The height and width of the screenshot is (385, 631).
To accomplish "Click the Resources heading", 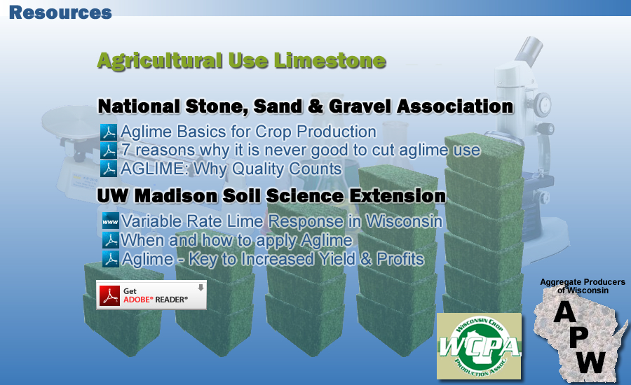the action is point(60,13).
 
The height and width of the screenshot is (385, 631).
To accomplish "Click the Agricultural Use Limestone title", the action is point(241,61).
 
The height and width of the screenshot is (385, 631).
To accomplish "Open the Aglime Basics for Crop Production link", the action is point(248,132).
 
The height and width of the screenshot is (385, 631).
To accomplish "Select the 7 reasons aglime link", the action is point(301,150).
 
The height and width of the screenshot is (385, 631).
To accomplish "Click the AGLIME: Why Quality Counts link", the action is point(231,169).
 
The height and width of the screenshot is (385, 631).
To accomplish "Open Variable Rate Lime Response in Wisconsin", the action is point(282,221).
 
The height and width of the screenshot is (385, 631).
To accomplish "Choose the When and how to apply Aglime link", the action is point(237,240).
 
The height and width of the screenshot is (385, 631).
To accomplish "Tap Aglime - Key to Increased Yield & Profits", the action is point(273,259).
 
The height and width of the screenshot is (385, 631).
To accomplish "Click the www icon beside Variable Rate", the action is point(110,221).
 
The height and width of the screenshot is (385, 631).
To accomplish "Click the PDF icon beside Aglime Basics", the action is point(109,132).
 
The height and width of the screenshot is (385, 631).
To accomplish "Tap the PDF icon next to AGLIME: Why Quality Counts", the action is point(109,169).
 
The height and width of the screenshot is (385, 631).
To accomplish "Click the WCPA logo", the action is point(479,346).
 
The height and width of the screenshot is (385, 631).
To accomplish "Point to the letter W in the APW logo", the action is point(590,363).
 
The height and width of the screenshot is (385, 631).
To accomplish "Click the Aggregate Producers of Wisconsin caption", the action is point(583,286).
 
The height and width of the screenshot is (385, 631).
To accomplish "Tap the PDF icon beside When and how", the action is point(110,240).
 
